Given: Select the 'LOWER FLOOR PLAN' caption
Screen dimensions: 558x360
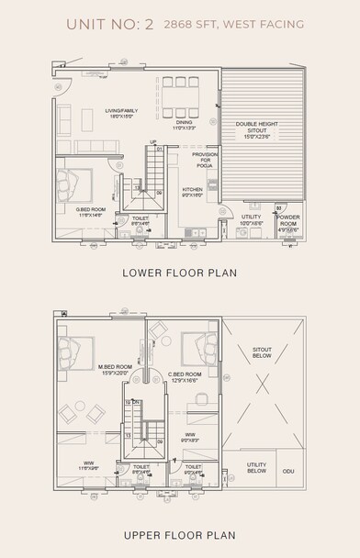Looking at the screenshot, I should click(x=180, y=273).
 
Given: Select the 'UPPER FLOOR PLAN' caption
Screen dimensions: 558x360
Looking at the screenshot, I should click(x=180, y=535).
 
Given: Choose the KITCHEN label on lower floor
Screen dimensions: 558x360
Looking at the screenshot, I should click(x=193, y=192).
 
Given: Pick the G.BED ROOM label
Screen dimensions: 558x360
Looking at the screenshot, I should click(x=90, y=211).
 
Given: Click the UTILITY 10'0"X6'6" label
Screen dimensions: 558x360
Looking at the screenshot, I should click(x=251, y=220).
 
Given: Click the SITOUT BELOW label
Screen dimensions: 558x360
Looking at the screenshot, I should click(x=263, y=354).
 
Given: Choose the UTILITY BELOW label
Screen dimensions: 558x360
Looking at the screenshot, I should click(x=256, y=469).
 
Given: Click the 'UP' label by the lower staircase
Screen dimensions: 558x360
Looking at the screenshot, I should click(x=153, y=141).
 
